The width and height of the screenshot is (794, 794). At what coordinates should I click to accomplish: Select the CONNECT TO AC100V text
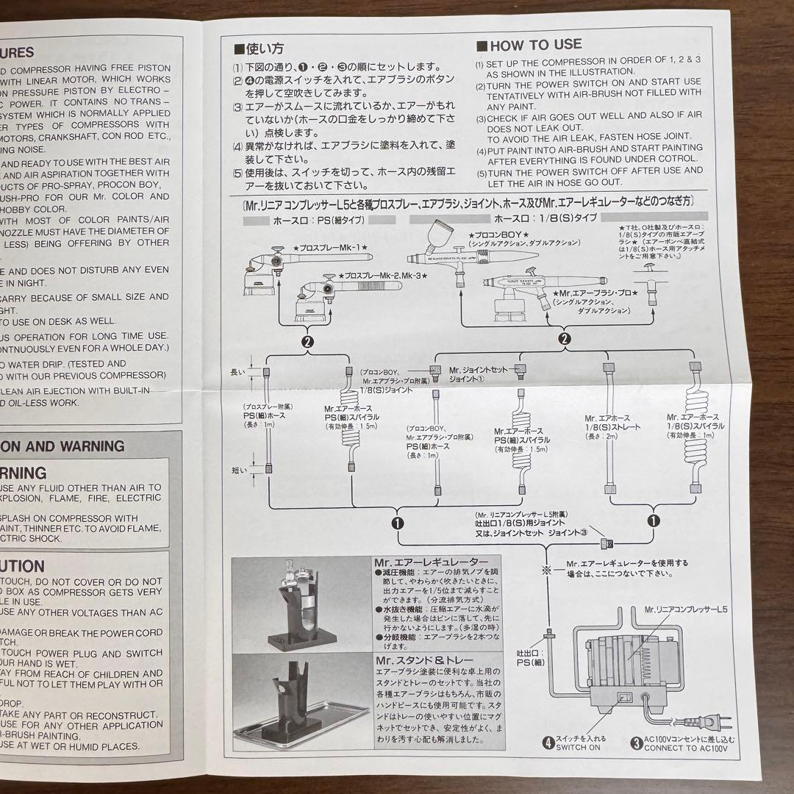[x=687, y=747]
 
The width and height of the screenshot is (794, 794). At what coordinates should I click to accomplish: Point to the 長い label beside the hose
[x=237, y=372]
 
